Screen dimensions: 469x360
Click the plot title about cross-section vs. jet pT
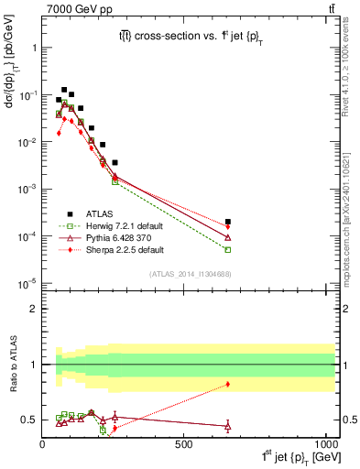189,34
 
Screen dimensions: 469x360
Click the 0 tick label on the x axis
43,443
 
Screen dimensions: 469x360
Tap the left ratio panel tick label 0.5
29,420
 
